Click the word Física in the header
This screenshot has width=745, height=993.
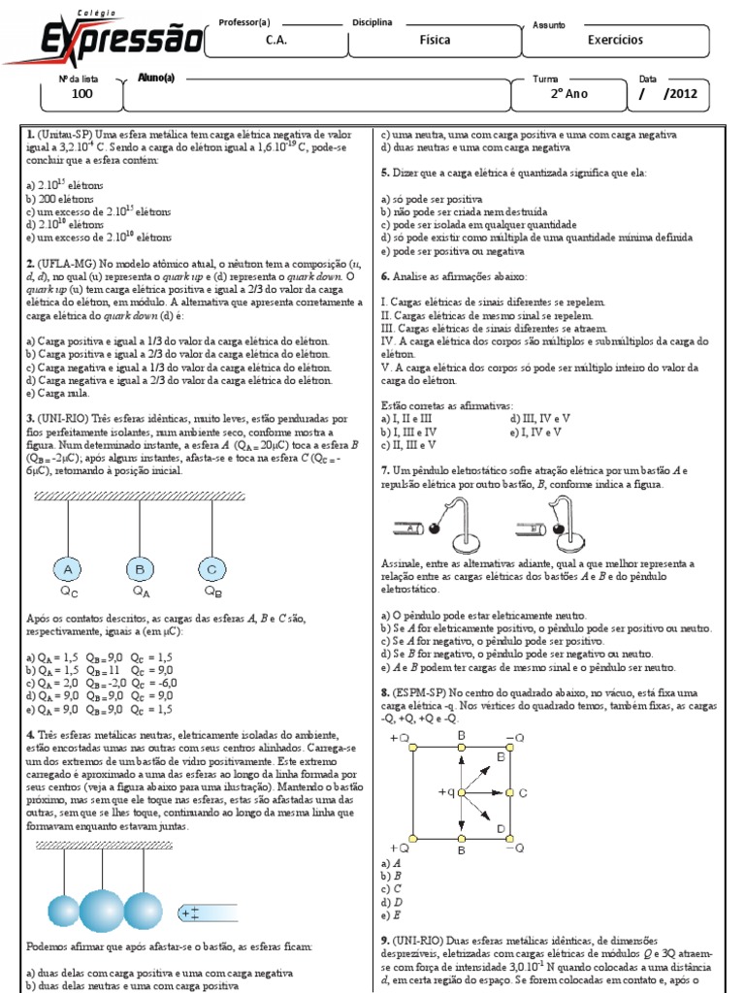click(435, 41)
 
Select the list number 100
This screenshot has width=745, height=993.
click(82, 94)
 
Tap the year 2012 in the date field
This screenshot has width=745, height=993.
click(680, 94)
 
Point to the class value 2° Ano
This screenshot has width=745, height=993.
click(569, 94)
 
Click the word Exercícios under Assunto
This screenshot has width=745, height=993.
click(615, 41)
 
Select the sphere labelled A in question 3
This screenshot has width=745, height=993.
click(67, 568)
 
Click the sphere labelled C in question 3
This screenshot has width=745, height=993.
click(212, 568)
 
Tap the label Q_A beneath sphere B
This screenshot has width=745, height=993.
click(141, 589)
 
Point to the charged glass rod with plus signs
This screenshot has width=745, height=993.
click(205, 913)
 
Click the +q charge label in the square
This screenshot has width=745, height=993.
click(447, 791)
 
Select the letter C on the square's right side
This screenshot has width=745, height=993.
click(522, 792)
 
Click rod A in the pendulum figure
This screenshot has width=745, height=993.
click(410, 529)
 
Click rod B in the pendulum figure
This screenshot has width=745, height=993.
click(535, 529)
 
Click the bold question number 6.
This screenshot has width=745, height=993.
click(385, 276)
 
